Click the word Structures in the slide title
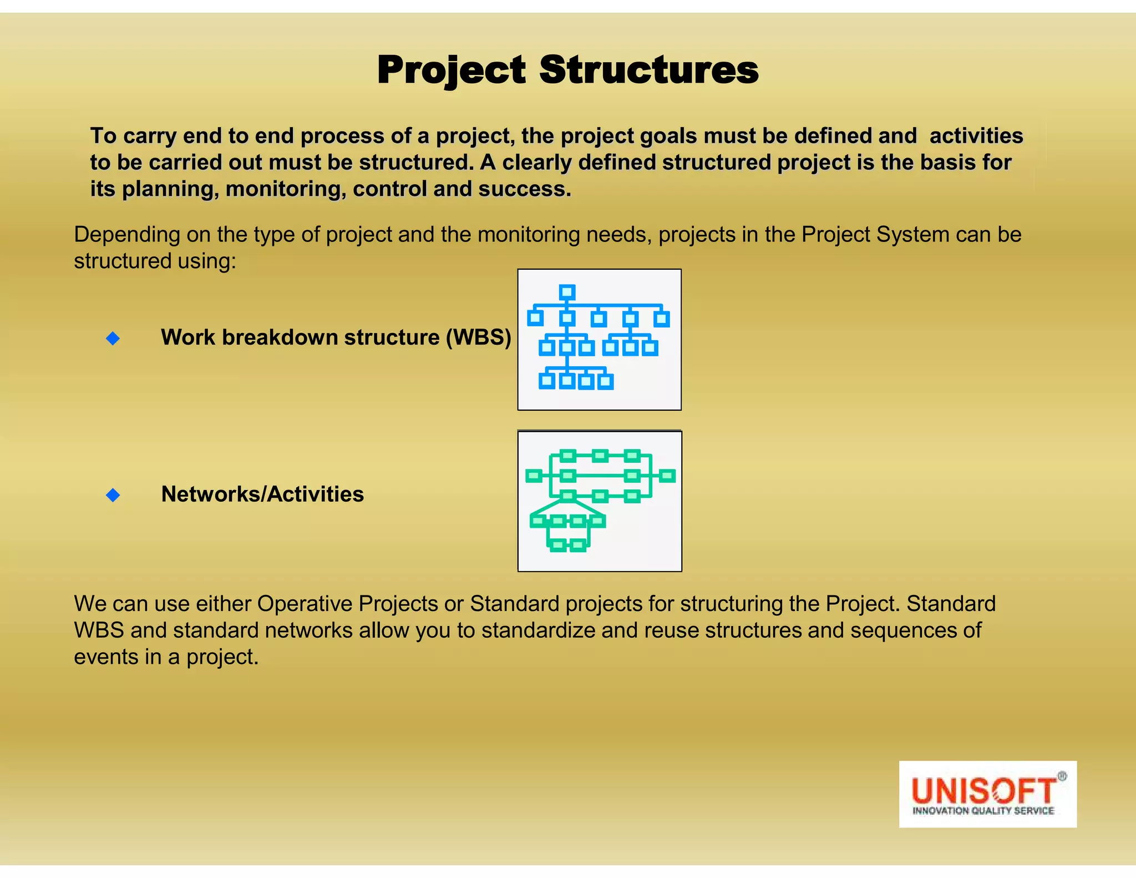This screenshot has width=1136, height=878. point(648,70)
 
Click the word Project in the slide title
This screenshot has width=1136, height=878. point(451,70)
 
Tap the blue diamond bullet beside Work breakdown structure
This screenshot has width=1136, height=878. point(113,338)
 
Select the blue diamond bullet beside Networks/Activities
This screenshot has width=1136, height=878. point(113,494)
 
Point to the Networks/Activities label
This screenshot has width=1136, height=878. point(262,494)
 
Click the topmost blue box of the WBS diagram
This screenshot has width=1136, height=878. point(567,292)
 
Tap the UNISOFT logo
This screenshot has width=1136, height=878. point(987,794)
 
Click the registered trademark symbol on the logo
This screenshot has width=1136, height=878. point(1062,776)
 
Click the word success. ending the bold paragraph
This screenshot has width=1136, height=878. point(525,189)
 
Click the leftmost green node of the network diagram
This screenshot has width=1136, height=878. point(534,476)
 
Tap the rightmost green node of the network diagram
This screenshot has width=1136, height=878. point(667,476)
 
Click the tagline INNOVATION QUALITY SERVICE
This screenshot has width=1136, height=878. point(983,811)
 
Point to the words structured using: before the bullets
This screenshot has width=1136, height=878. point(155,261)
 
